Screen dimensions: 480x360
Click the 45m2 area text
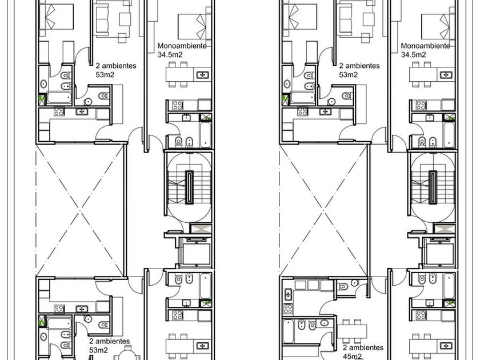coord(352,357)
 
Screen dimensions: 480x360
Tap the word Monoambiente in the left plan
coord(182,46)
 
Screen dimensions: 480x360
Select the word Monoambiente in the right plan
coord(426,46)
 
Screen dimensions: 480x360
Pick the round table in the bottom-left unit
coord(128,355)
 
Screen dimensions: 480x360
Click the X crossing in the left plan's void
coord(80,210)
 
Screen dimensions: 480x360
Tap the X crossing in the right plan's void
coord(323,210)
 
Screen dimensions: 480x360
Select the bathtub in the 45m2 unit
coord(289,331)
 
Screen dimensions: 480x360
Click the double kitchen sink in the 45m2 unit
coord(288,294)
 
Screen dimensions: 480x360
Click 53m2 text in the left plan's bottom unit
coord(98,350)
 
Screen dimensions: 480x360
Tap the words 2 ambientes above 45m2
coord(363,348)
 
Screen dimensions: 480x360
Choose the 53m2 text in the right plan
coord(349,75)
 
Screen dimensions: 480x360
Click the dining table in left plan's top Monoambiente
coord(180,74)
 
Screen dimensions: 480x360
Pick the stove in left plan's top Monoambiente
coord(178,105)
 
